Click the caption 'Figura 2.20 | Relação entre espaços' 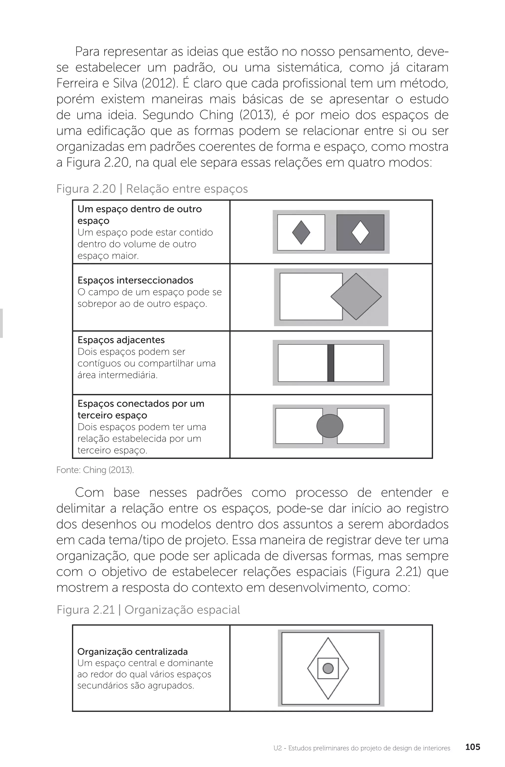point(152,189)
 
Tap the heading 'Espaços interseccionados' point(135,280)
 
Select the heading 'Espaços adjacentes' point(121,340)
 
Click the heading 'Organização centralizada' point(132,652)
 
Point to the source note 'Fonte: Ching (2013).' point(95,470)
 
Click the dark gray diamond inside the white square point(301,232)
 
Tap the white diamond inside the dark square point(360,232)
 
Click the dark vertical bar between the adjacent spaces point(331,363)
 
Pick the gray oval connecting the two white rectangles point(330,426)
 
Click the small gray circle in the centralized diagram point(328,668)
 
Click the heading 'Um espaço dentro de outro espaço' point(140,215)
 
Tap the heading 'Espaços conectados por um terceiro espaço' point(141,409)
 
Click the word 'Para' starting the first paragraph point(87,52)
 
